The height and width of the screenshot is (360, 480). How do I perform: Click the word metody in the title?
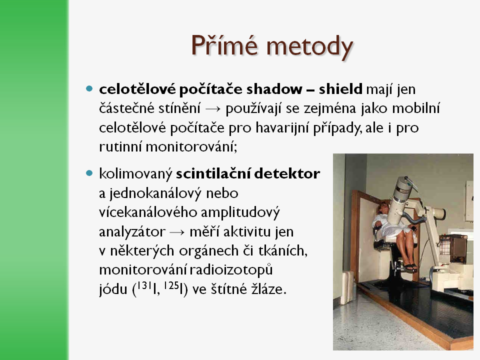pos(309,47)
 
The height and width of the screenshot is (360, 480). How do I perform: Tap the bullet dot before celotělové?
pos(89,89)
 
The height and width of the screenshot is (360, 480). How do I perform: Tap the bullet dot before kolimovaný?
pos(89,173)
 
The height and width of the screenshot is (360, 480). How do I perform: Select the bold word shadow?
pos(274,89)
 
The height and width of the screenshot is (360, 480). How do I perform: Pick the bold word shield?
pos(340,89)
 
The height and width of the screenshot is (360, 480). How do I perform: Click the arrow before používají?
pos(213,109)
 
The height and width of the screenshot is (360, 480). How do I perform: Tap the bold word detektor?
pos(287,173)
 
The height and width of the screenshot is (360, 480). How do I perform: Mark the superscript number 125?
pos(171,285)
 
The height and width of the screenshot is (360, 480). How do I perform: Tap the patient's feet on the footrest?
pos(410,267)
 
